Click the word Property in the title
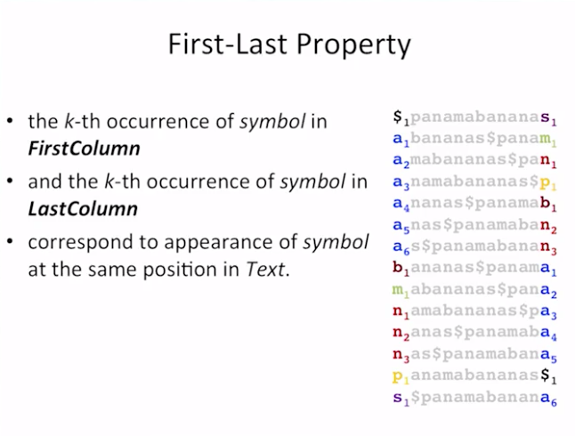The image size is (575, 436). [353, 45]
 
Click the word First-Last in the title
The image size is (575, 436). [228, 44]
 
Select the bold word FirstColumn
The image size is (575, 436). [84, 149]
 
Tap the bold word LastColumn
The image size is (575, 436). [83, 209]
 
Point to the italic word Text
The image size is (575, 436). [265, 270]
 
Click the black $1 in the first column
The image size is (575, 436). [401, 117]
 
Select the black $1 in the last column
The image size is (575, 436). [548, 375]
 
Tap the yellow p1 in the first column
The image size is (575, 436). [401, 377]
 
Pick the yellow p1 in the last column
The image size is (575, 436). [548, 183]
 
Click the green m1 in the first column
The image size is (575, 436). [401, 290]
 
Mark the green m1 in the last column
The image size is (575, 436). [548, 140]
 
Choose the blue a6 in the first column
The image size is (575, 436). [401, 247]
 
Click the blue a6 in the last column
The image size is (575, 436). [548, 399]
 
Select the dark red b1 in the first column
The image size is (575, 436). [401, 268]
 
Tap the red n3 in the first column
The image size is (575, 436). [401, 355]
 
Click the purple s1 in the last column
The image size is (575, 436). [548, 118]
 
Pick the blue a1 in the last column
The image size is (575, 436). [548, 269]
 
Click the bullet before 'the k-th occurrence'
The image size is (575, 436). [10, 121]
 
